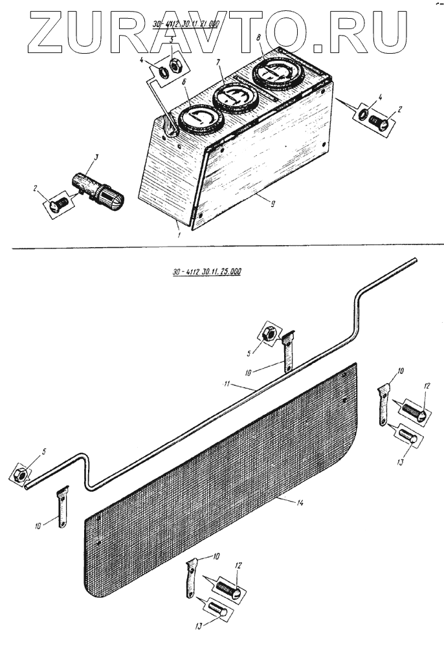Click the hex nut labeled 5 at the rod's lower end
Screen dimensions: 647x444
tap(20, 475)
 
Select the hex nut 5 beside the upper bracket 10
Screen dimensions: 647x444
tap(267, 334)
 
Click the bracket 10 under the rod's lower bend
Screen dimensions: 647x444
tap(63, 507)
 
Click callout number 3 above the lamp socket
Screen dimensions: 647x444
tap(94, 157)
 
